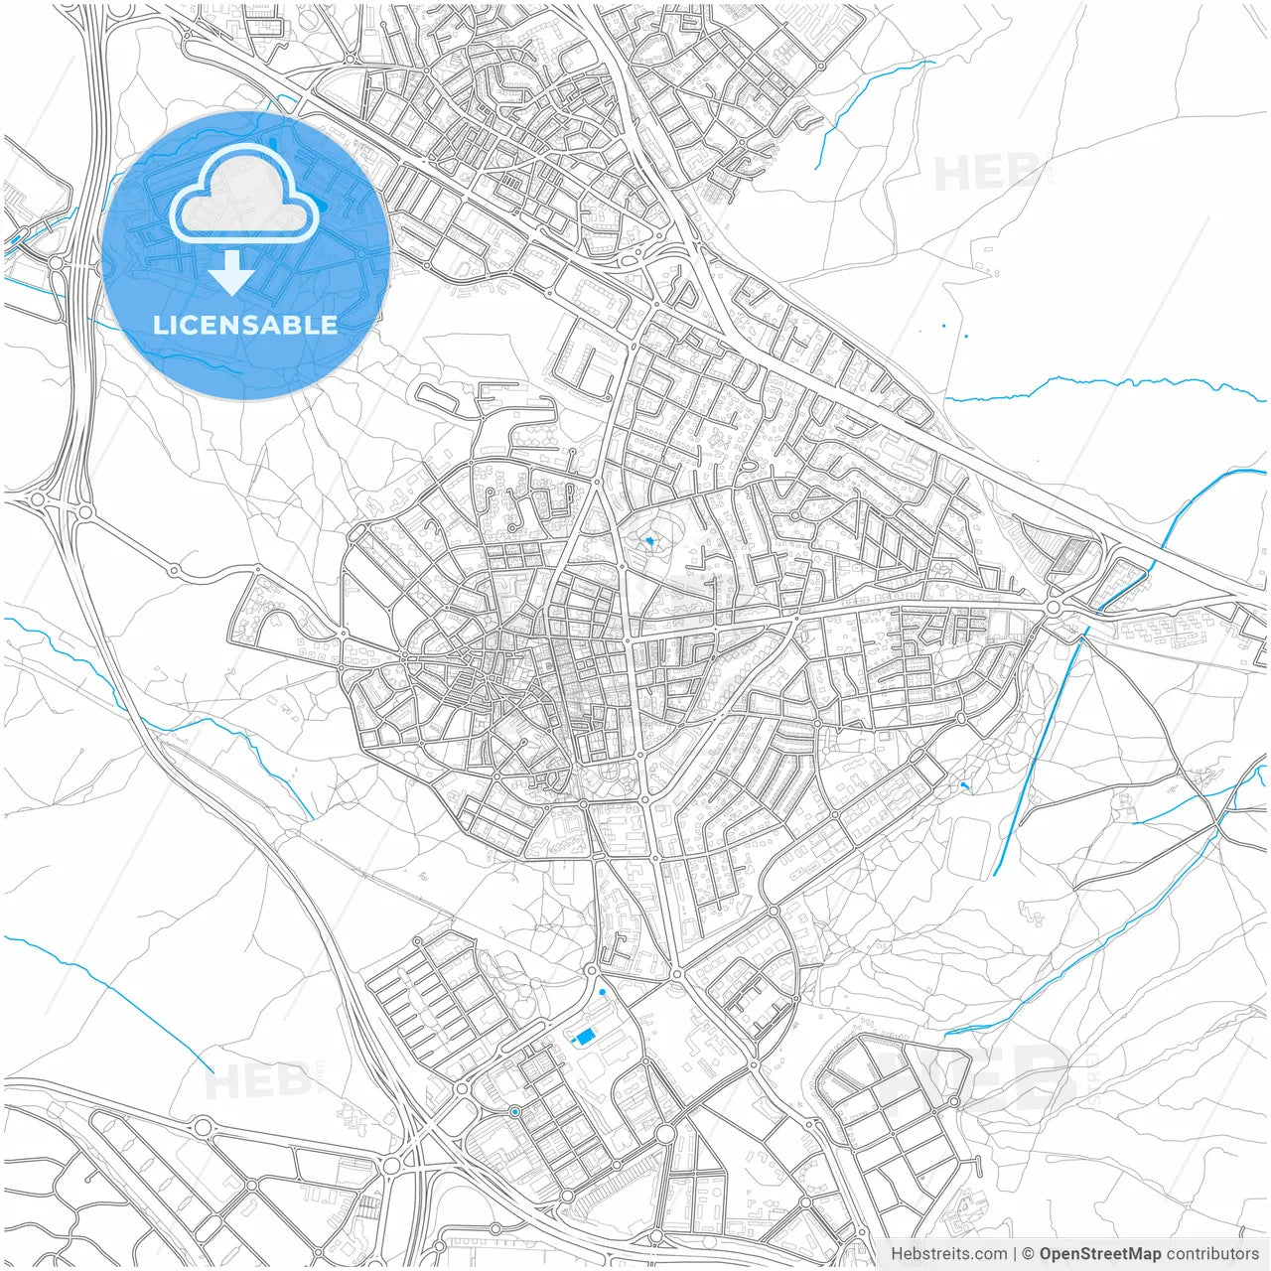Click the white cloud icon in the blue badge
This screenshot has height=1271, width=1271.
coord(244,194)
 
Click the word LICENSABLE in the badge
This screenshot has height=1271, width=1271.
coord(244,325)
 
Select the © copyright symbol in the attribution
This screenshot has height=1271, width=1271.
coord(1028,1254)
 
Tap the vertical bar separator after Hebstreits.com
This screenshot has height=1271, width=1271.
coord(1014,1254)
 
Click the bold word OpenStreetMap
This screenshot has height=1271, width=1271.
coord(1099,1254)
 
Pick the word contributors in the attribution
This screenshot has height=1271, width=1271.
coord(1211,1254)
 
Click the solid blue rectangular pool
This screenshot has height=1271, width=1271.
coord(583,1037)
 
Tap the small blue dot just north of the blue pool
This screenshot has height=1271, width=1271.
coord(603,992)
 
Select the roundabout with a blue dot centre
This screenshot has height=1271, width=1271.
coord(514,1112)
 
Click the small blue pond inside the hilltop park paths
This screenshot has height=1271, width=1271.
coord(649,541)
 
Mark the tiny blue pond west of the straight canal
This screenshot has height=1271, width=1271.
coord(964,786)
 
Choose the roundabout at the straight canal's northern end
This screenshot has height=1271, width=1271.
coord(1054,606)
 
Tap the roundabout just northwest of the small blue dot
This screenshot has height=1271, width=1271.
coord(590,970)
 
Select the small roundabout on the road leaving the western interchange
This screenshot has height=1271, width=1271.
coord(175,570)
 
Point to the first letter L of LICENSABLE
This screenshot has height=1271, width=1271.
coord(159,325)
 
